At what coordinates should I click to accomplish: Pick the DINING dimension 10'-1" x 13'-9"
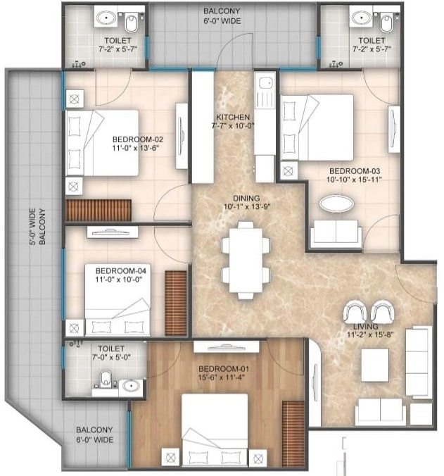point(243,208)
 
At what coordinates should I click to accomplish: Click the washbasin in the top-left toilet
point(108,17)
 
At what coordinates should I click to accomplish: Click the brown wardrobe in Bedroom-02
point(99,210)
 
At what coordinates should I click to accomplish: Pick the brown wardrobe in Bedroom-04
point(176,303)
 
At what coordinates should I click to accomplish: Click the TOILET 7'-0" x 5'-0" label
point(111,353)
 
